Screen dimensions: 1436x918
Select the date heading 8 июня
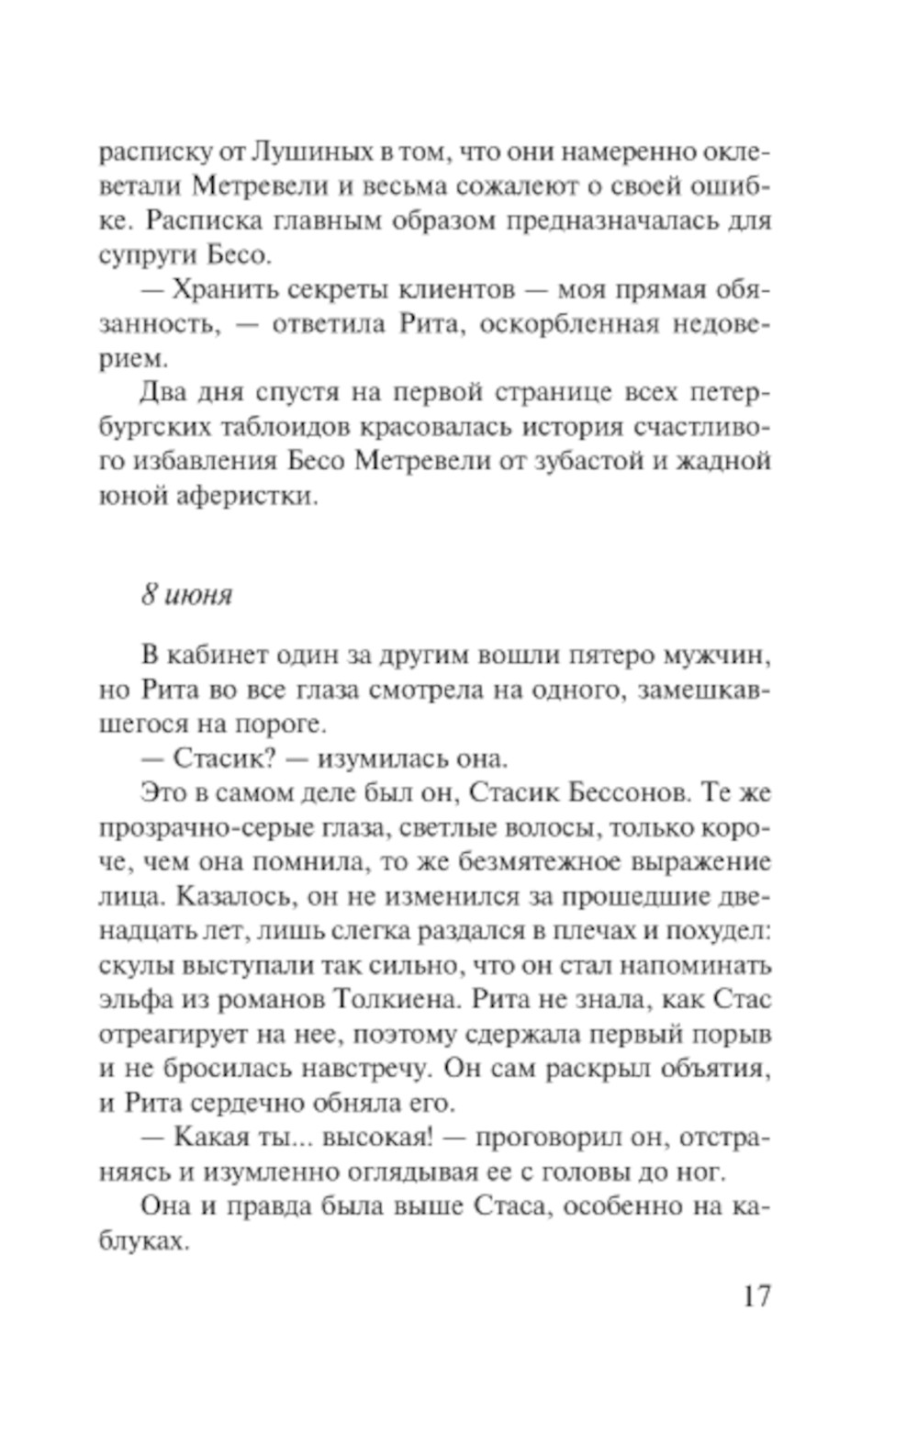(186, 595)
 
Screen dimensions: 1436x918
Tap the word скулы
(135, 966)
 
